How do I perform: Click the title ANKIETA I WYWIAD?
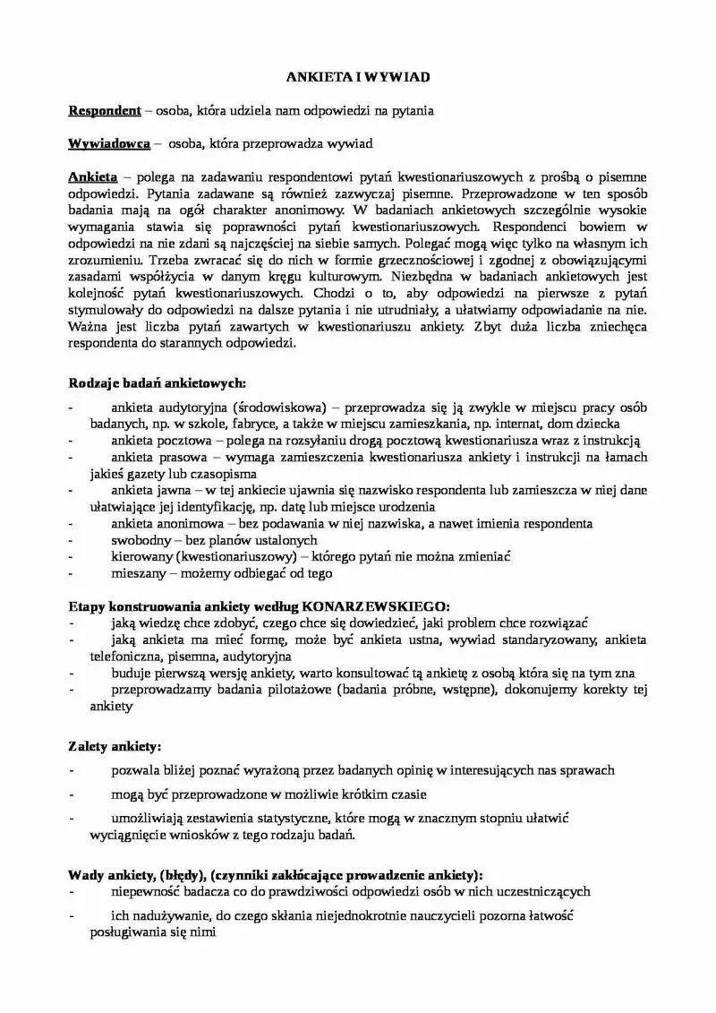[x=358, y=78]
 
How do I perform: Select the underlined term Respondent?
[x=105, y=110]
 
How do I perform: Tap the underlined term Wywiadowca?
[x=109, y=143]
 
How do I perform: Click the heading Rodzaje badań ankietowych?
[x=151, y=383]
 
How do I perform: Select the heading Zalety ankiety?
[x=115, y=745]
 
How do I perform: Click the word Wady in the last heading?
[x=84, y=874]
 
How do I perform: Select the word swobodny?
[x=139, y=540]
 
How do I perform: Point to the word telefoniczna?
[x=105, y=656]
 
